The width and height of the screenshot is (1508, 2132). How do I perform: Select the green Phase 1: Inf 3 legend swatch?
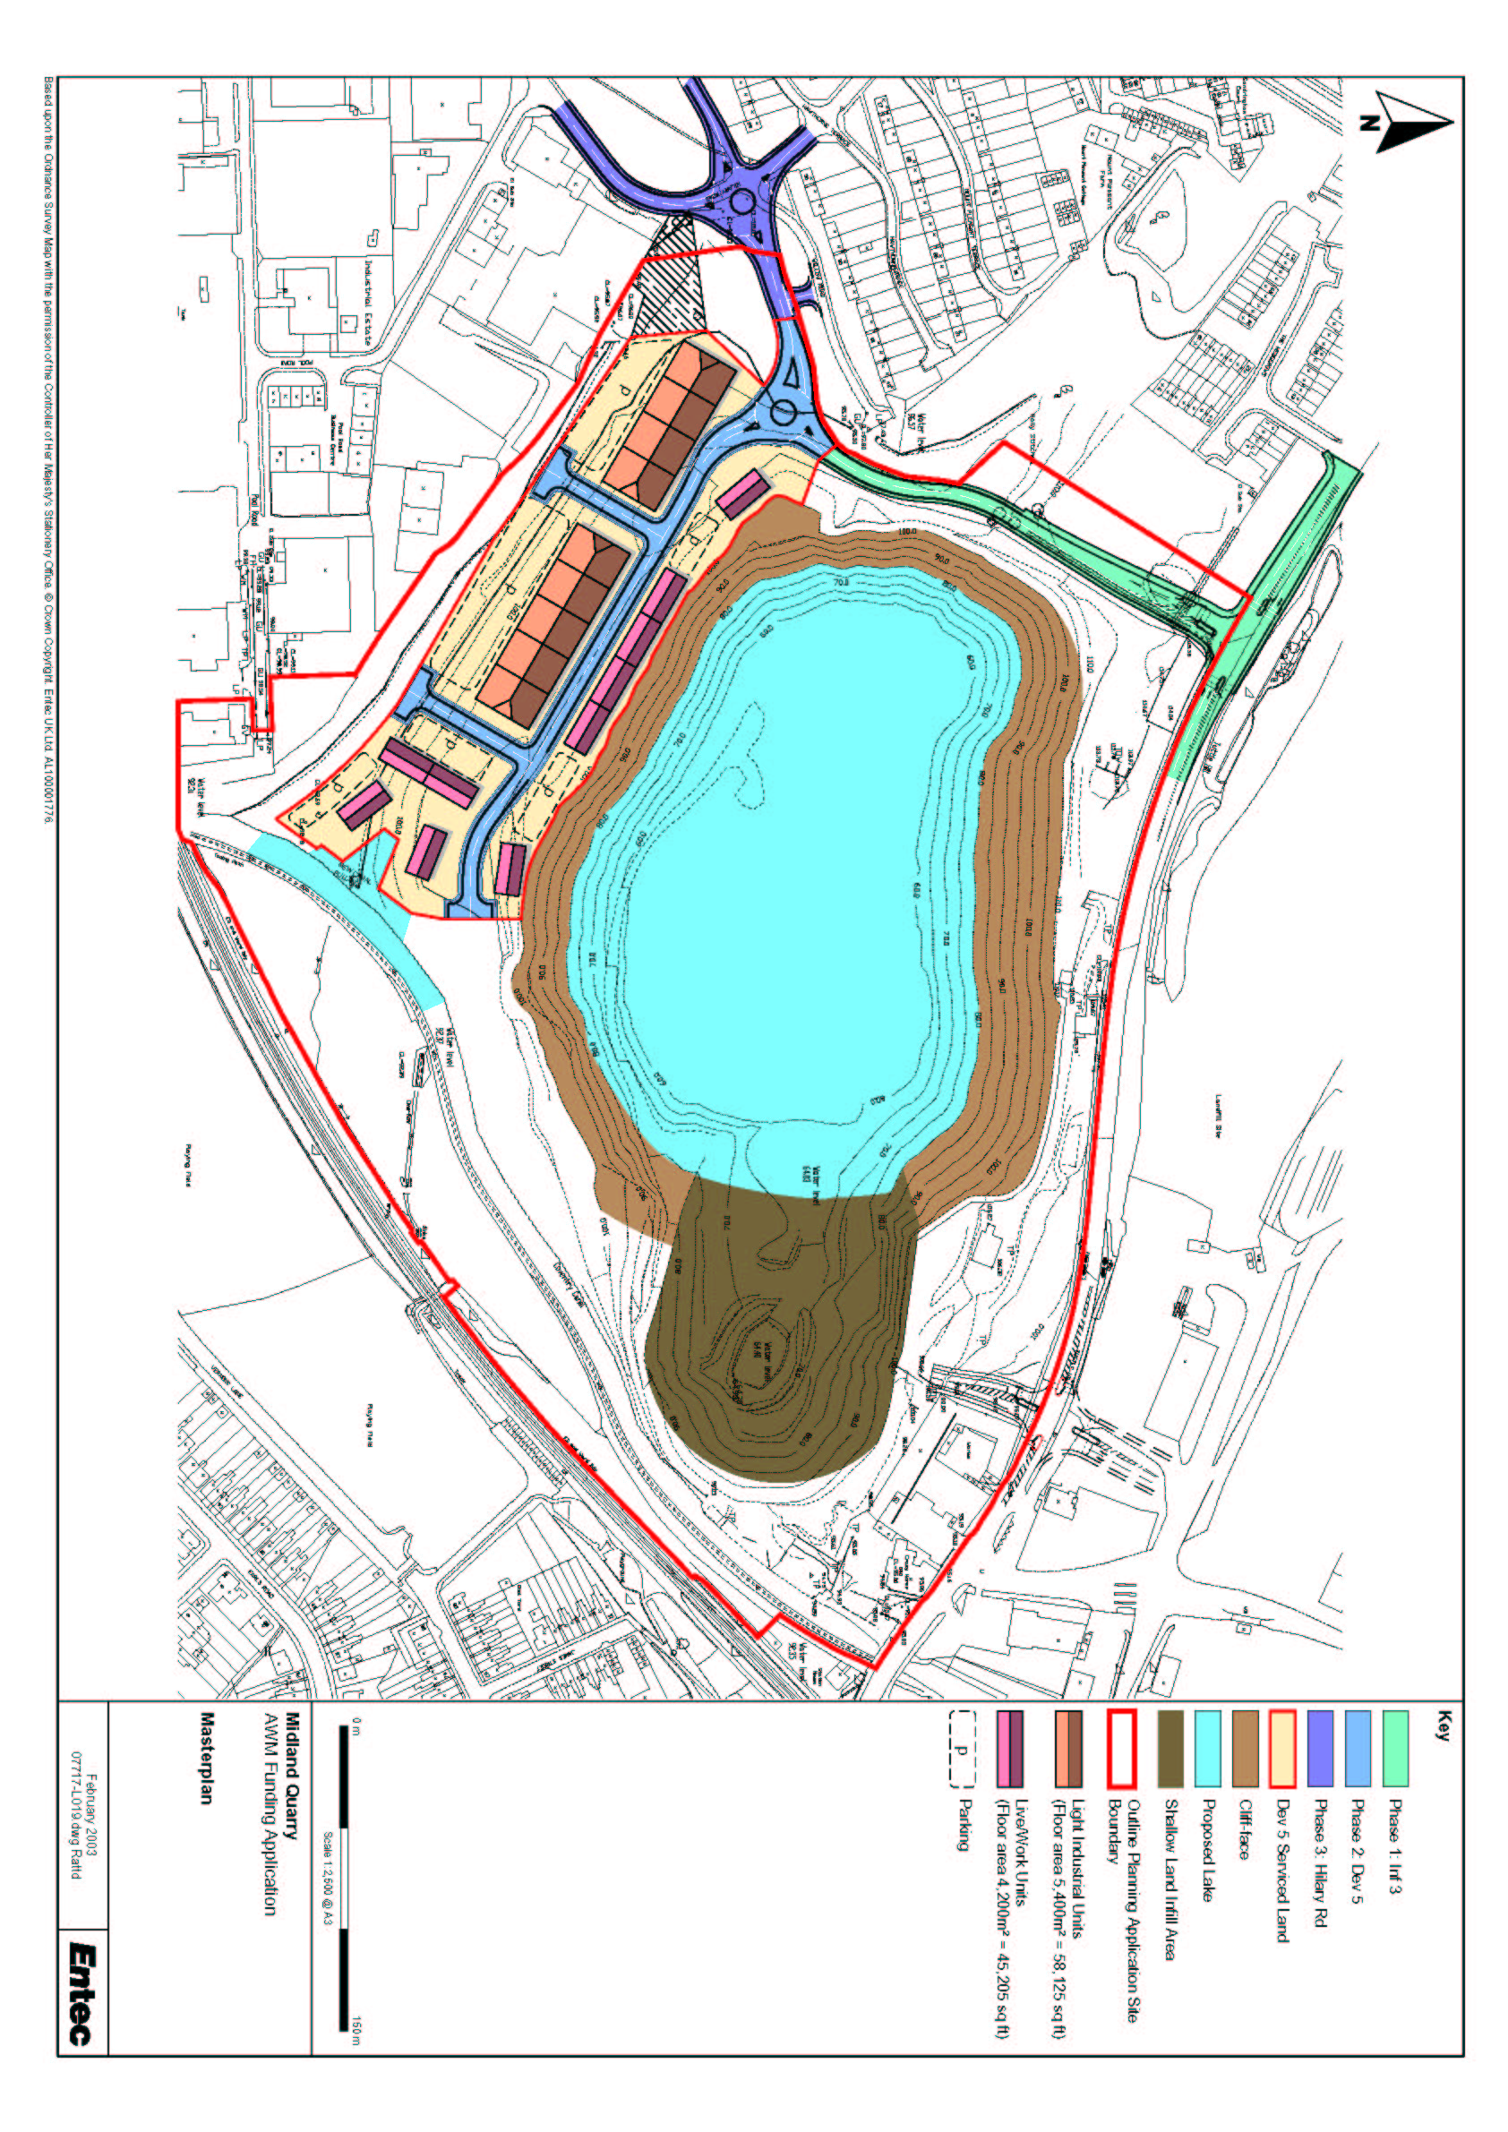pyautogui.click(x=1394, y=1750)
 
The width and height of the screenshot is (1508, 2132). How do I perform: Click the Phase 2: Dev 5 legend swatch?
pyautogui.click(x=1358, y=1750)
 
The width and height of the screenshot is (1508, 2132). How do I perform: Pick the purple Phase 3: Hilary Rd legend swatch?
pyautogui.click(x=1320, y=1750)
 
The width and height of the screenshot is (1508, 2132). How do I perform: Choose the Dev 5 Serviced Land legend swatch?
pyautogui.click(x=1282, y=1750)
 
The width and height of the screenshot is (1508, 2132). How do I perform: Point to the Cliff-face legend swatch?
pyautogui.click(x=1246, y=1750)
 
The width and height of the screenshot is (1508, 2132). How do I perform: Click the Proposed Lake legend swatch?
pyautogui.click(x=1207, y=1750)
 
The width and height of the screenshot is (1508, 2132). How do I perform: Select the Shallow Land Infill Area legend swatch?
pyautogui.click(x=1170, y=1750)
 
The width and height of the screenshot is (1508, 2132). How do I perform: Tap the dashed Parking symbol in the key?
pyautogui.click(x=962, y=1750)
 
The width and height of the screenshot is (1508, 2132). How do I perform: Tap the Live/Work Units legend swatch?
pyautogui.click(x=1009, y=1750)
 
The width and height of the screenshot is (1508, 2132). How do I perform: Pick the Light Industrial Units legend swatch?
pyautogui.click(x=1067, y=1750)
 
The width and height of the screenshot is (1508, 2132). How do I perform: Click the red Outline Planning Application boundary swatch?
pyautogui.click(x=1121, y=1750)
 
